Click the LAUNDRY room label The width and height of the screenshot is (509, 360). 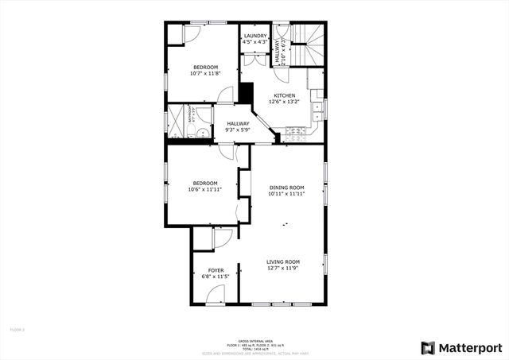(x=255, y=36)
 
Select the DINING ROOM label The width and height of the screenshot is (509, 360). (x=286, y=187)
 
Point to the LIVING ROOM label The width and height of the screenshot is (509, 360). (x=282, y=262)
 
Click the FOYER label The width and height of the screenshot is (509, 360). (x=216, y=271)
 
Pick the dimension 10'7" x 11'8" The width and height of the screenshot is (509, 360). (x=204, y=73)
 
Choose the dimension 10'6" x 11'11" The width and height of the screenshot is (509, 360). (x=204, y=190)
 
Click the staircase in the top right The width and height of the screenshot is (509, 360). (x=308, y=44)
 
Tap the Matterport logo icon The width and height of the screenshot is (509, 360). (x=428, y=348)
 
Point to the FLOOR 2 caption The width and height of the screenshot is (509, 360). (x=17, y=329)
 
